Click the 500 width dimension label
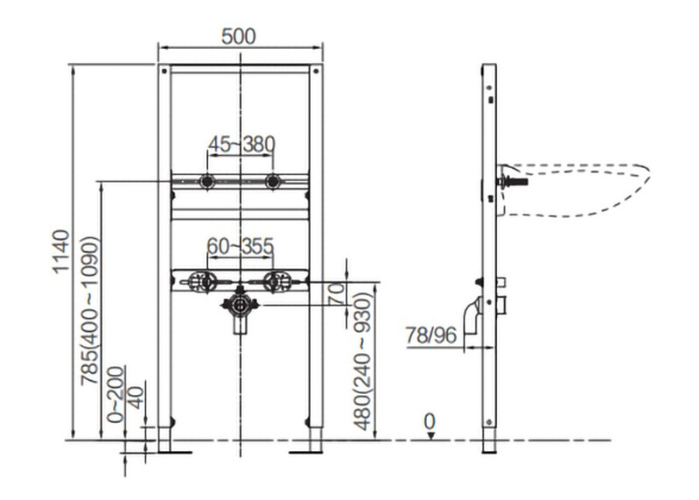[239, 36]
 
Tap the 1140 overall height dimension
[61, 250]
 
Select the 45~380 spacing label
[241, 144]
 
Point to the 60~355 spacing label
[241, 246]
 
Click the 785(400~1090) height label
[89, 310]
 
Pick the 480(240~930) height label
[362, 362]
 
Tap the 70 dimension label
[337, 293]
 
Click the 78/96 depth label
[431, 335]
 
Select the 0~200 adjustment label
[115, 394]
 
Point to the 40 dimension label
[136, 398]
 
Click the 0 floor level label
[430, 421]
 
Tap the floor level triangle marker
[430, 436]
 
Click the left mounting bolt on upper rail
[206, 181]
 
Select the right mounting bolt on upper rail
[272, 181]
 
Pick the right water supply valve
[276, 282]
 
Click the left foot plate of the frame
[174, 452]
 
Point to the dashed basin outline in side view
[575, 190]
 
